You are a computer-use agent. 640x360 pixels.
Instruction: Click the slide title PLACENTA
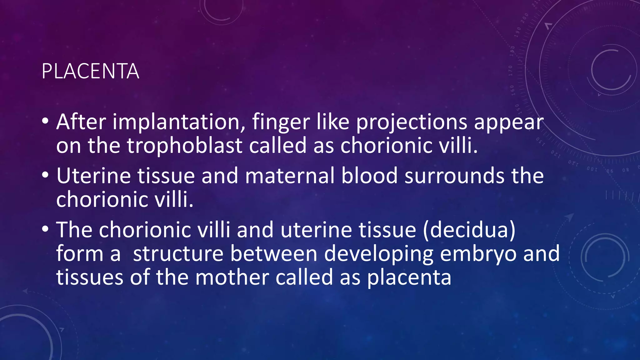pos(90,72)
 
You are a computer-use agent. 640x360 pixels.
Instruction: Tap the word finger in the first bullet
pos(281,122)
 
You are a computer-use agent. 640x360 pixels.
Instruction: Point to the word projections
pos(412,122)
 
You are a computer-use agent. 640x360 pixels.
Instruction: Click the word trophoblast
pos(184,146)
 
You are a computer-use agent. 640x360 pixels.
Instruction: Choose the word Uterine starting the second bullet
pos(94,176)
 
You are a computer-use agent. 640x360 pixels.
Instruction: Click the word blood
pos(369,176)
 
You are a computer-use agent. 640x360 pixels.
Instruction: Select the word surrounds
pos(454,176)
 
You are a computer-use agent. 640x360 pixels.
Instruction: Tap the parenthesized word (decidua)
pos(469,230)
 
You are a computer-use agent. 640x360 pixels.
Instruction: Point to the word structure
pos(178,253)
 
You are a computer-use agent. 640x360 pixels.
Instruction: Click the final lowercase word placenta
pos(409,277)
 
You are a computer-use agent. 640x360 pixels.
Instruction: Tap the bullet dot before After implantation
pos(45,121)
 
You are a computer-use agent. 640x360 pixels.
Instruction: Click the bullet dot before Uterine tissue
pos(45,175)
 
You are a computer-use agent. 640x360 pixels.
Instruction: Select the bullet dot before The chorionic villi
pos(45,229)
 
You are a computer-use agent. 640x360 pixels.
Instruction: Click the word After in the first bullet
pos(81,122)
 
